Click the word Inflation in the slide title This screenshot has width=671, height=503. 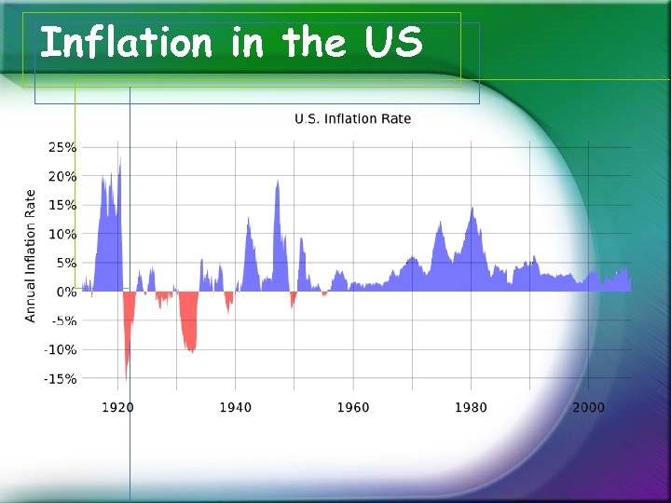[127, 43]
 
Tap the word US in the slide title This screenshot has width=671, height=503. [391, 43]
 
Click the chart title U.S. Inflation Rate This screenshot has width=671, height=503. [352, 118]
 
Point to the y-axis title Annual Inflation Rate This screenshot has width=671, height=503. [31, 256]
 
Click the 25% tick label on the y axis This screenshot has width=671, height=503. [62, 147]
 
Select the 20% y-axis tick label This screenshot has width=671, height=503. [62, 176]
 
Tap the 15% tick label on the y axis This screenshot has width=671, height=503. [62, 205]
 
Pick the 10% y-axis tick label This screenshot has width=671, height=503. [62, 234]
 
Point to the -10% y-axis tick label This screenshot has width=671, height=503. [60, 349]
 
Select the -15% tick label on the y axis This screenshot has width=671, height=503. [60, 378]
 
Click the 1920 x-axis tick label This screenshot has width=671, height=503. [117, 407]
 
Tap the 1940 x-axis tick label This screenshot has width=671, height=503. [235, 407]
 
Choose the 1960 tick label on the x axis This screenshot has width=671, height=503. [352, 407]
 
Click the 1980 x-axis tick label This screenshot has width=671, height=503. [471, 407]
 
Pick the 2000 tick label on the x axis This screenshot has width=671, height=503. [588, 407]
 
